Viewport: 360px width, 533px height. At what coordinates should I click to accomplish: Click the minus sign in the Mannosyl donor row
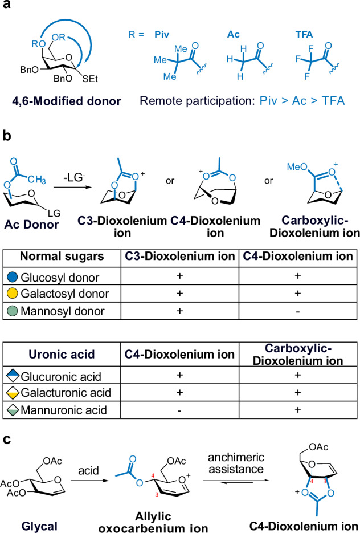pyautogui.click(x=298, y=311)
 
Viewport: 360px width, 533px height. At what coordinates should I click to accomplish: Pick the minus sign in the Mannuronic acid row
pyautogui.click(x=179, y=410)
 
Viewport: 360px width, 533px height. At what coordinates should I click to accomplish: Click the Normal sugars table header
pyautogui.click(x=62, y=257)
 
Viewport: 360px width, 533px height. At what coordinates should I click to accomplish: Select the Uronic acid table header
pyautogui.click(x=62, y=354)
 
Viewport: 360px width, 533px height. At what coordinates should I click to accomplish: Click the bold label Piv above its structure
pyautogui.click(x=162, y=35)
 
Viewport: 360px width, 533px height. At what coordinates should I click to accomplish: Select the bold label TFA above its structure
pyautogui.click(x=304, y=35)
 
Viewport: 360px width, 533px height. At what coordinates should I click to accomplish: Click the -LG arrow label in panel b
pyautogui.click(x=73, y=178)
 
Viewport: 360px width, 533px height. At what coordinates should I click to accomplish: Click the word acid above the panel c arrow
pyautogui.click(x=89, y=470)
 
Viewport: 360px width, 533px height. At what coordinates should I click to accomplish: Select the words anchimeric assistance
pyautogui.click(x=236, y=463)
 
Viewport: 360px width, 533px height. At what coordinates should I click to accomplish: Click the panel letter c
pyautogui.click(x=7, y=439)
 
